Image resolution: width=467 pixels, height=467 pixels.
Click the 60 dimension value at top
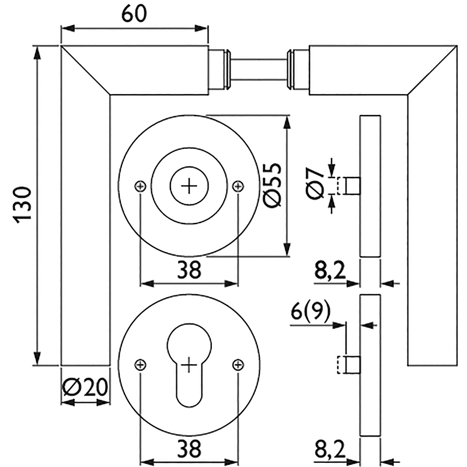pos(134,13)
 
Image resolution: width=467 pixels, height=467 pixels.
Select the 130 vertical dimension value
pos(23,205)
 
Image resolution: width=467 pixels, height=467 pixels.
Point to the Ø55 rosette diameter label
pos(272,185)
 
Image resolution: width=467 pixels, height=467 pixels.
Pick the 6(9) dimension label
pos(311,312)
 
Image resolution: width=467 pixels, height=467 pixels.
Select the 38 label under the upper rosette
pos(189,270)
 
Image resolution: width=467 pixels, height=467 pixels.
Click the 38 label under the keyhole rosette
pos(189,448)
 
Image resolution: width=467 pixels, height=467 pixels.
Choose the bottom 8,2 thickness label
pos(330,450)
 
